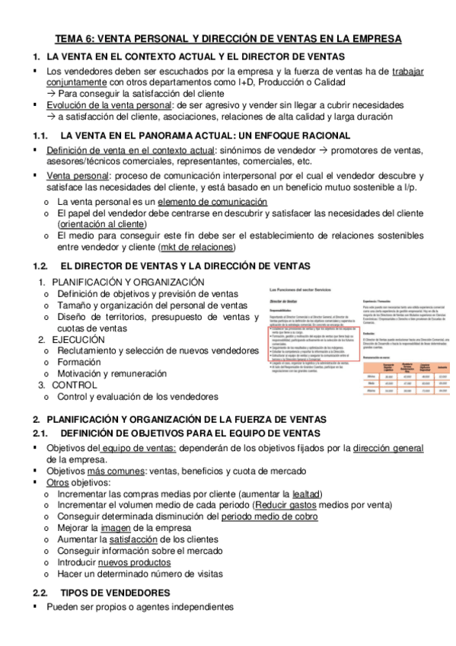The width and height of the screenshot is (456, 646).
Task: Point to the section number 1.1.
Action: pos(40,136)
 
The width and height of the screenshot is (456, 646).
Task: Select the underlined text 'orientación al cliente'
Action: pos(102,225)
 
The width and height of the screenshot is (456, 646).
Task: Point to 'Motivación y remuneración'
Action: pos(111,376)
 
